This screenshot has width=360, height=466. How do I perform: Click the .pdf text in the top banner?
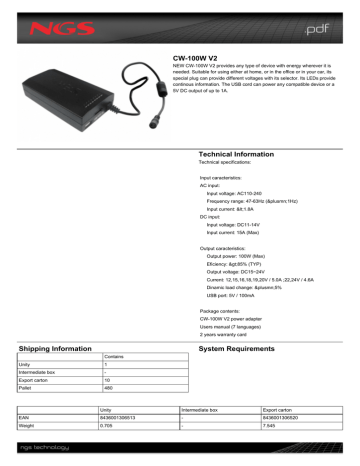tap(312, 21)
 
